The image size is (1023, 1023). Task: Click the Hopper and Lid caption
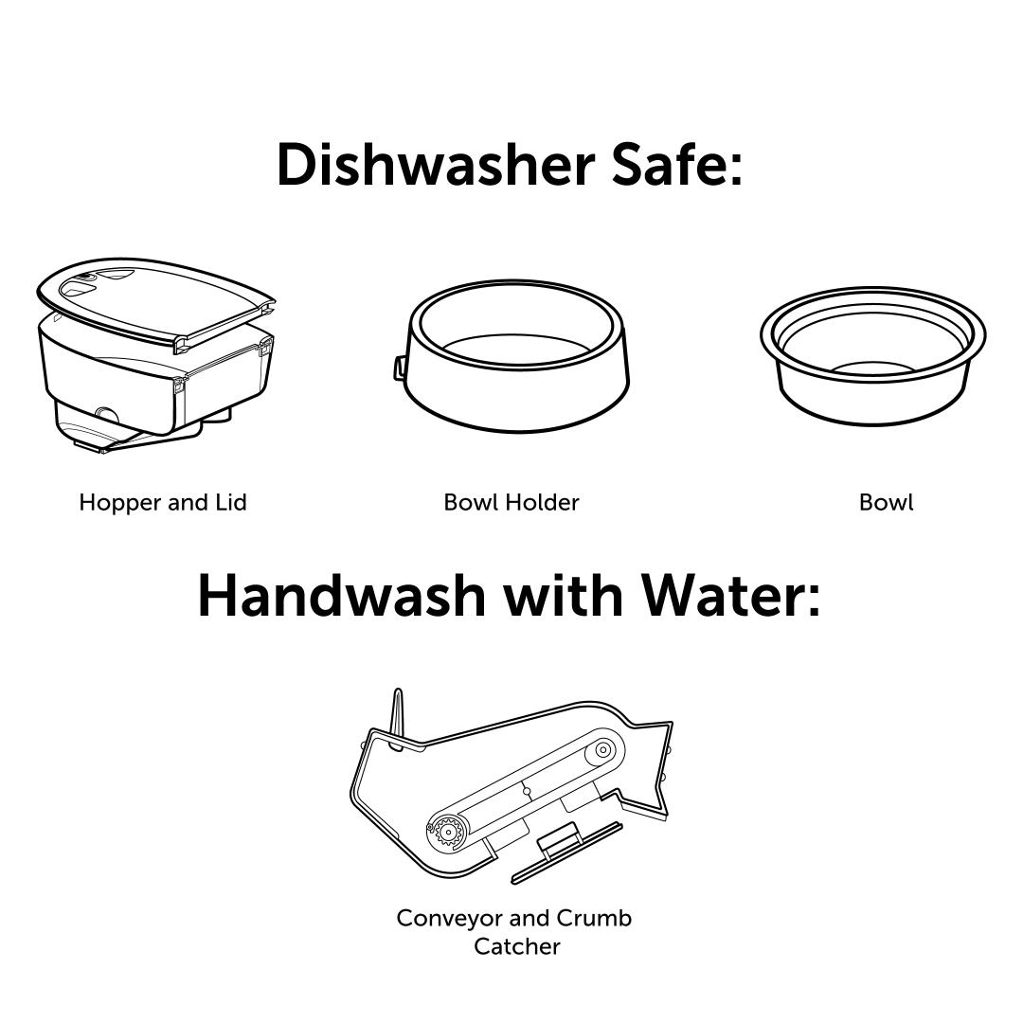[x=163, y=502]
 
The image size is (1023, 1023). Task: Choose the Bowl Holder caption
[x=511, y=502]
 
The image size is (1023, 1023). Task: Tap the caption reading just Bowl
[x=886, y=502]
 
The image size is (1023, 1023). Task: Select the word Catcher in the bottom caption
[x=517, y=946]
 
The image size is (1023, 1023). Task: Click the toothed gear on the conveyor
[x=447, y=832]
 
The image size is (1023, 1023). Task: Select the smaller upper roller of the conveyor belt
[x=602, y=750]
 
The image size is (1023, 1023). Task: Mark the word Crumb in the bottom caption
[x=594, y=918]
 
